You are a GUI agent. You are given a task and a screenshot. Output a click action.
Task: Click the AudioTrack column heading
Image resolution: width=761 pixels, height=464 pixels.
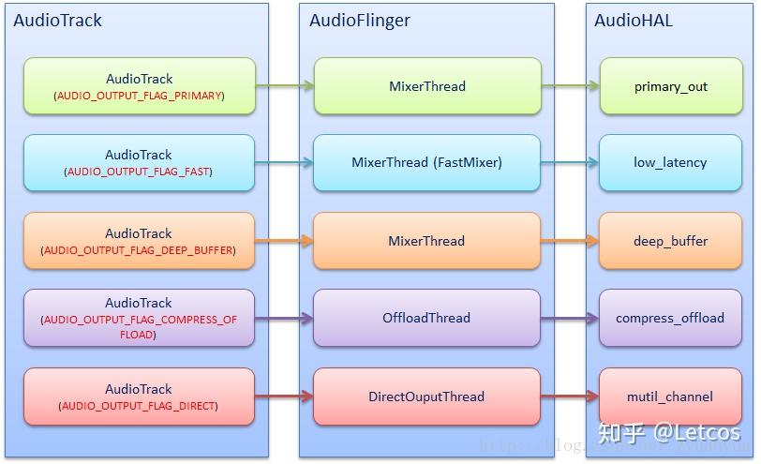click(x=58, y=20)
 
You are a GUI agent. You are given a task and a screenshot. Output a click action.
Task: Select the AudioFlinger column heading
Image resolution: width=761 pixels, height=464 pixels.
click(x=360, y=20)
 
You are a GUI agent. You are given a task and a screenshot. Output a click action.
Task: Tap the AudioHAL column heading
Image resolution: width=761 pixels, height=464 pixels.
click(x=634, y=20)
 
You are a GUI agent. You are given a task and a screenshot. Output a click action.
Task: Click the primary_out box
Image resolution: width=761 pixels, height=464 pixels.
click(x=670, y=86)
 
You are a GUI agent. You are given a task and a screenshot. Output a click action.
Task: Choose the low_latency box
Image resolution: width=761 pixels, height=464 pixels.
click(x=670, y=162)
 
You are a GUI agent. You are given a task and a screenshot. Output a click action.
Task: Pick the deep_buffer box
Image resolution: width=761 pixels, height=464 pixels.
click(x=670, y=241)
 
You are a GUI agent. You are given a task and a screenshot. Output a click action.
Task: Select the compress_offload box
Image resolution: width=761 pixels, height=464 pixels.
click(x=670, y=318)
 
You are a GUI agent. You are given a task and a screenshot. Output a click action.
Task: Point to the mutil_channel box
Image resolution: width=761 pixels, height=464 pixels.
click(x=670, y=397)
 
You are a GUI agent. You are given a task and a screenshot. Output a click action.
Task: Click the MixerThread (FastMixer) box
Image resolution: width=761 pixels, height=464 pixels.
click(x=426, y=162)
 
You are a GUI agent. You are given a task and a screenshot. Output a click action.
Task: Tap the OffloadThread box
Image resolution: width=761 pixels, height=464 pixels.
click(x=426, y=318)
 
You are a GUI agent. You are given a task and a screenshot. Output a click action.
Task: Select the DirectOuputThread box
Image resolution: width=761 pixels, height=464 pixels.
click(x=426, y=397)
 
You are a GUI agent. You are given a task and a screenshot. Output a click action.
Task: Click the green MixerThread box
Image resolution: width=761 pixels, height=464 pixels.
click(x=426, y=86)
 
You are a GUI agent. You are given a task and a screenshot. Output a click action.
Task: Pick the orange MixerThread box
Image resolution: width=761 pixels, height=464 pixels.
click(x=426, y=241)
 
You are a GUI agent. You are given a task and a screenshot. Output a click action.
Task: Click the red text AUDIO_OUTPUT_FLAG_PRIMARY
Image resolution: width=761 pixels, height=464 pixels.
click(x=139, y=96)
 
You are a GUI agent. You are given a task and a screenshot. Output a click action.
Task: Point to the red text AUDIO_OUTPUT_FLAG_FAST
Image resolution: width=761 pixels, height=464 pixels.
click(x=139, y=172)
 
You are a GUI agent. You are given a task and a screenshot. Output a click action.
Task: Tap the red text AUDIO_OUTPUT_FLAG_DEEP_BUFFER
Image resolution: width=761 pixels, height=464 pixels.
click(x=139, y=250)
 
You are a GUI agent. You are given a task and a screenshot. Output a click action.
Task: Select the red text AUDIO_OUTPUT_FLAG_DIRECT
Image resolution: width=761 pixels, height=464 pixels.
click(x=139, y=406)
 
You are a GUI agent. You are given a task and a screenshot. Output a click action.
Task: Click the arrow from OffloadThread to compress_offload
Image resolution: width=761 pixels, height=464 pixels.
click(x=570, y=318)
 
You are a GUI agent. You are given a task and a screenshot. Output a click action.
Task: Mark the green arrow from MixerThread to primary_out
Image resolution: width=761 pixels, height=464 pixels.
click(x=570, y=86)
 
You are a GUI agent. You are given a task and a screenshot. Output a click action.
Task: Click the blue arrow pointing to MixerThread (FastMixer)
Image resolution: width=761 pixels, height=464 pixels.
click(x=284, y=162)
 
